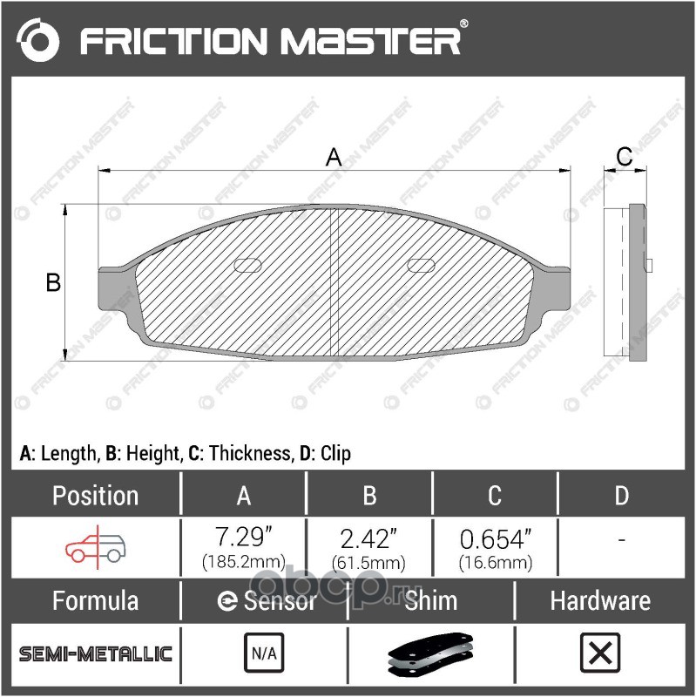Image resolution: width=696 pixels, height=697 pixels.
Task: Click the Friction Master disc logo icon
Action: click(x=37, y=40)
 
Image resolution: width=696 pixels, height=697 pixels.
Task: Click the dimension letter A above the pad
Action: click(x=334, y=158)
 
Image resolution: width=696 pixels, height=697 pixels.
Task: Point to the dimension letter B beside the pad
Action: click(x=53, y=282)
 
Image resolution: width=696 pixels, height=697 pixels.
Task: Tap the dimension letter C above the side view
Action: click(x=625, y=157)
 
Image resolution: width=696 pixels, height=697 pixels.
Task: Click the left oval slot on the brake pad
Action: click(x=247, y=265)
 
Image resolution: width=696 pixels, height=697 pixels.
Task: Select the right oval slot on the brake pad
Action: click(x=421, y=265)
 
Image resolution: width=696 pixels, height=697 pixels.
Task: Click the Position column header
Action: click(x=96, y=495)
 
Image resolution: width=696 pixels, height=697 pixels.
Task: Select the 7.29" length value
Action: click(x=243, y=537)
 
